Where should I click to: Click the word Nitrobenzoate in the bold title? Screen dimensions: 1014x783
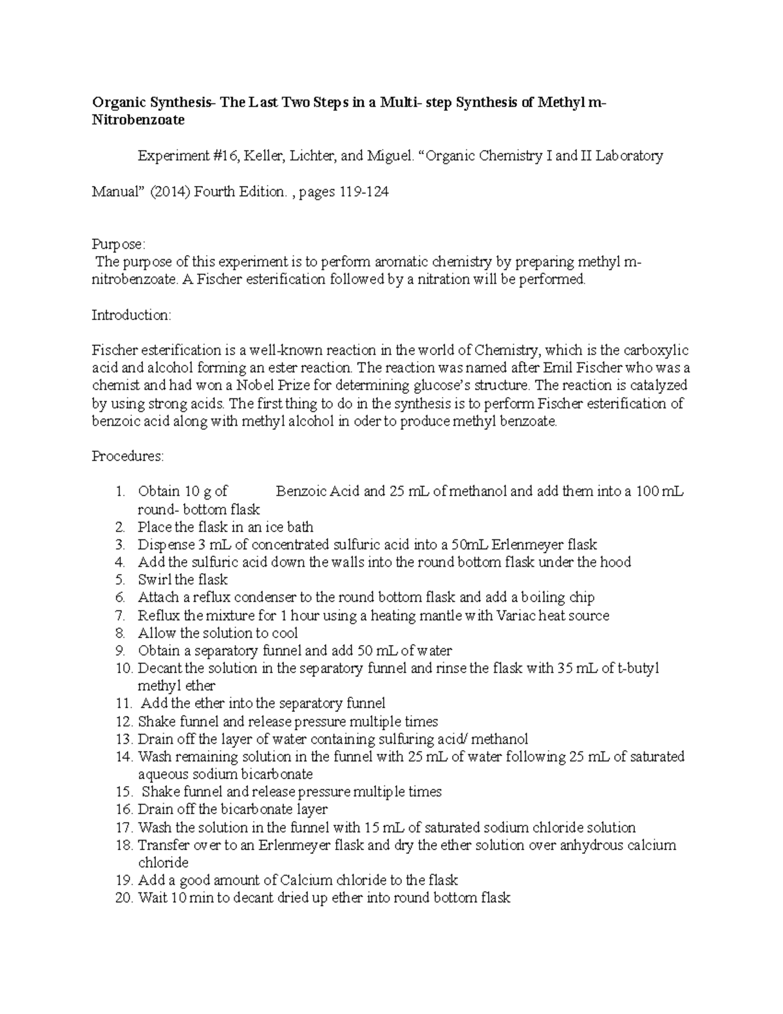(138, 120)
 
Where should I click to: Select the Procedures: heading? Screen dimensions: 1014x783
(128, 456)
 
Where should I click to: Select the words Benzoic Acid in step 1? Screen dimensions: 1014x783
(317, 492)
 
